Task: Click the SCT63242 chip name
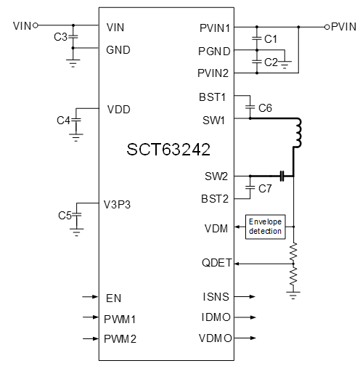168,150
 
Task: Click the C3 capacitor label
61,36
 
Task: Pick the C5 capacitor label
65,216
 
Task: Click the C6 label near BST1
266,107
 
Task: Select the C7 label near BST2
266,189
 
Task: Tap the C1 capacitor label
271,38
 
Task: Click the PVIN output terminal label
343,27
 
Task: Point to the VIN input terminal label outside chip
22,26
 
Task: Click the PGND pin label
214,51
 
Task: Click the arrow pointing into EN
89,297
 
